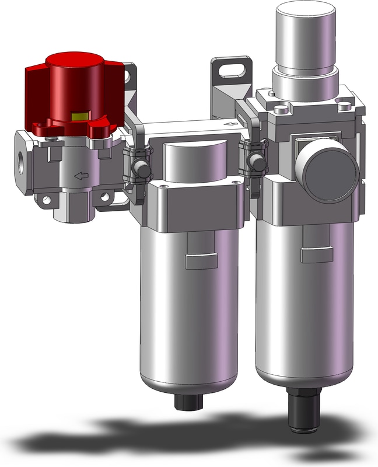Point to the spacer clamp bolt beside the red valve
(139, 169)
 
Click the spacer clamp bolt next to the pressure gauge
(255, 161)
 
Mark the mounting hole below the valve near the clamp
(105, 198)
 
